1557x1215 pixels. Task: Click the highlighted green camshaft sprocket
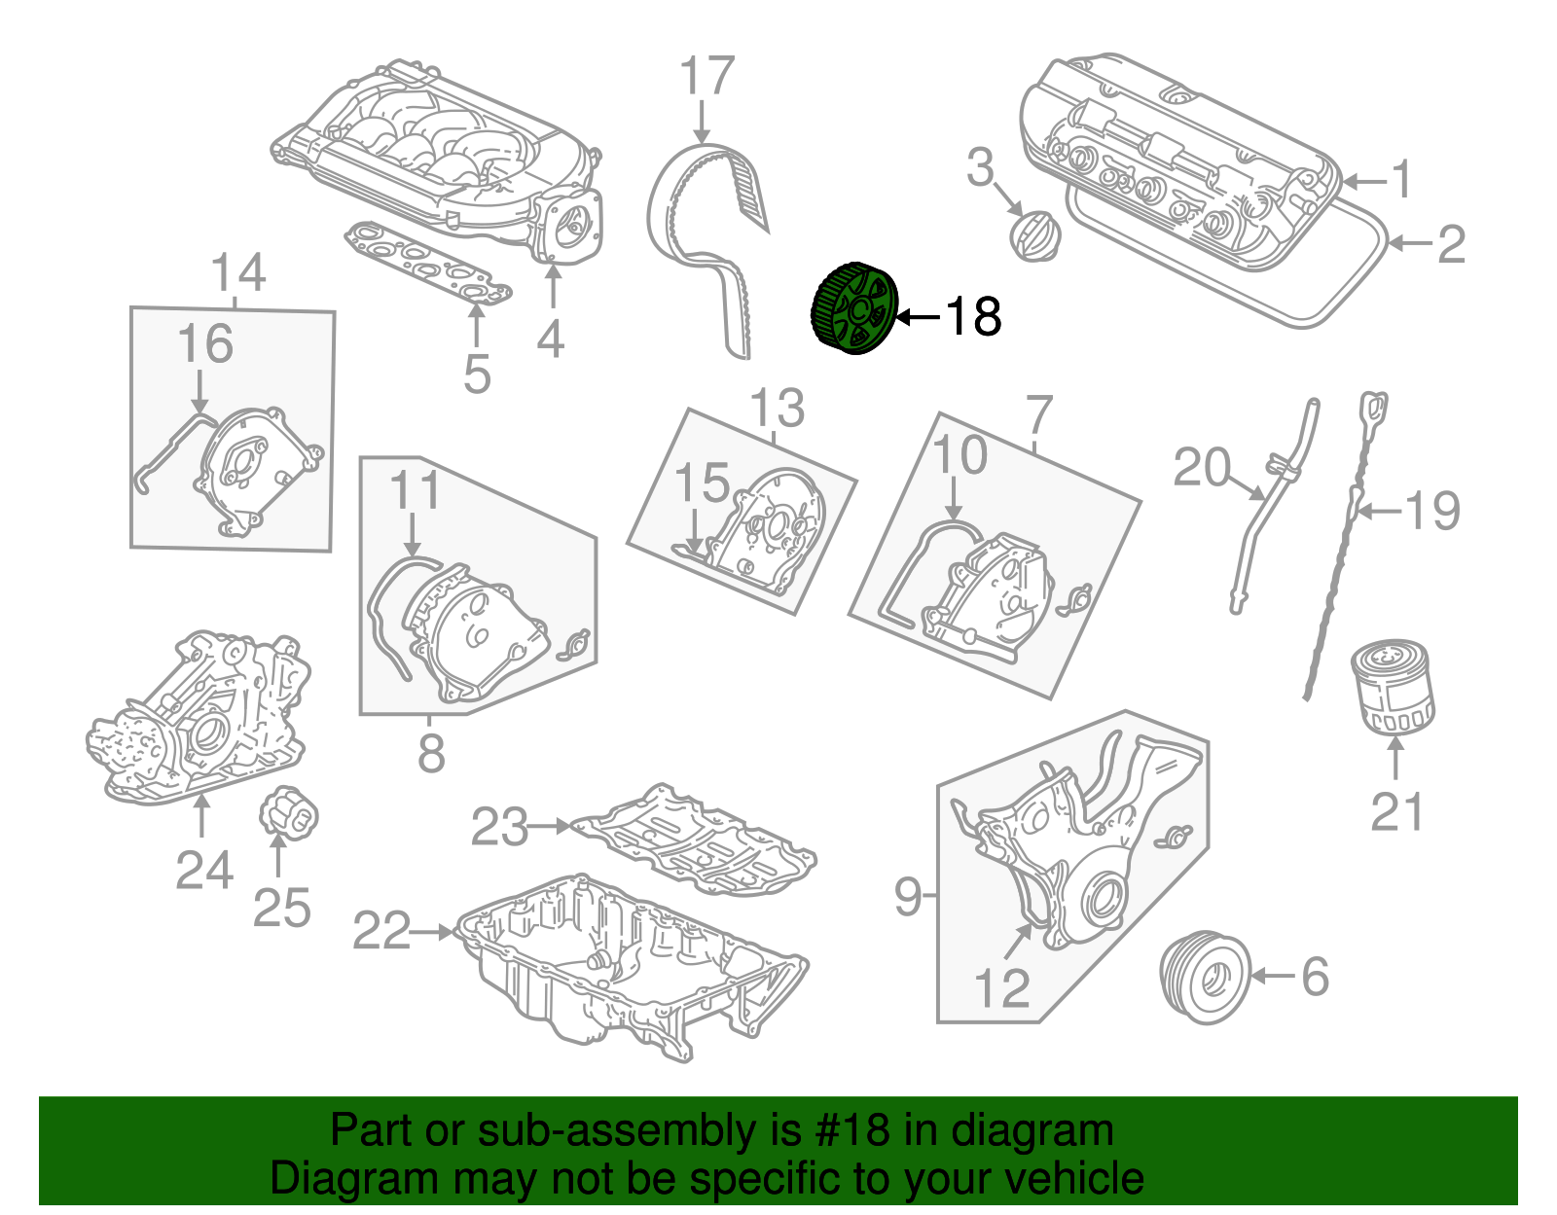(853, 309)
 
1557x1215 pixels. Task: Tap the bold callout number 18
(972, 316)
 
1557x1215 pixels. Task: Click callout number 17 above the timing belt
(706, 77)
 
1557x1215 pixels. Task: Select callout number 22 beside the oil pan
(381, 931)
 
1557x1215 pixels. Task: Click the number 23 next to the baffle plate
(499, 827)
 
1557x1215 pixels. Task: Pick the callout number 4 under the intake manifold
(551, 339)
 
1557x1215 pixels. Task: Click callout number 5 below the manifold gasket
(477, 374)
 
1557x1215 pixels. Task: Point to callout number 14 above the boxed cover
(237, 273)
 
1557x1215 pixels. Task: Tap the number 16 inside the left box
(205, 344)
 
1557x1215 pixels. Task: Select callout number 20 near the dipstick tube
(1201, 468)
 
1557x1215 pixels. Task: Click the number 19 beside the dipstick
(1433, 511)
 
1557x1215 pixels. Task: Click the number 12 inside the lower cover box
(1001, 988)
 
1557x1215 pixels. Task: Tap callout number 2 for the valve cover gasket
(1451, 243)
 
